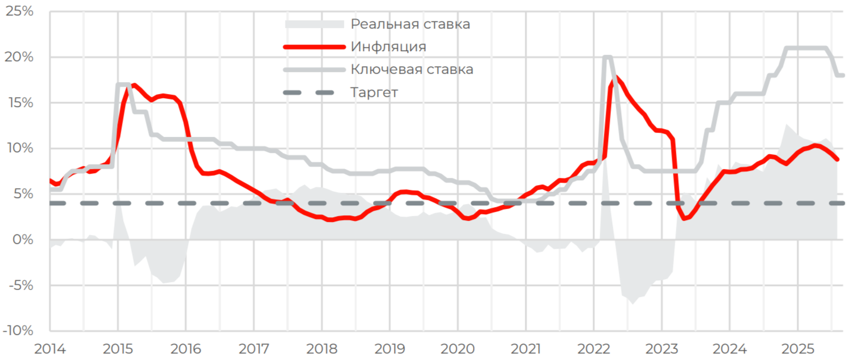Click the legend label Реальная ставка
click(411, 24)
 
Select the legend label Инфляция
click(388, 46)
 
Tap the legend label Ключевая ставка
click(412, 69)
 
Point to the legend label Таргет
click(374, 92)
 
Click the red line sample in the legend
click(314, 46)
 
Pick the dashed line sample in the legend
click(314, 92)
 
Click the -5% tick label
click(21, 285)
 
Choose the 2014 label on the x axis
click(50, 348)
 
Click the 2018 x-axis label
click(322, 348)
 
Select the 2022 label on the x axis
click(593, 348)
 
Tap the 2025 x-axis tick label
click(797, 348)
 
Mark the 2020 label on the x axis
click(458, 348)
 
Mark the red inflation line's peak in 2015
click(133, 86)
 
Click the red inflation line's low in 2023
click(684, 219)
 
